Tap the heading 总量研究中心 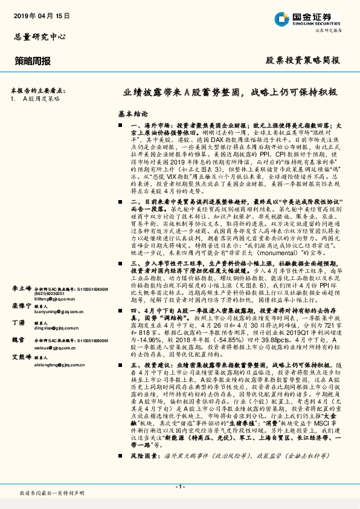(x=40, y=37)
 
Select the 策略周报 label (x=32, y=61)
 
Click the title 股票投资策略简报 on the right (x=303, y=61)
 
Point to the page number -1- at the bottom (x=179, y=486)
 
